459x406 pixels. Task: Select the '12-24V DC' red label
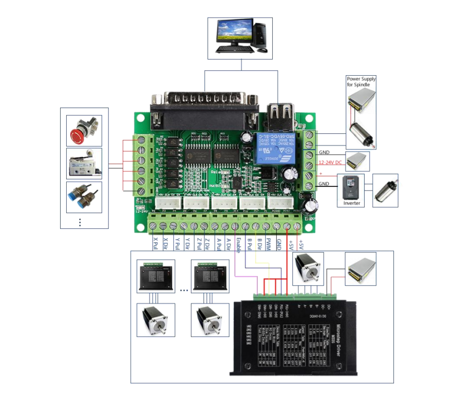[331, 163]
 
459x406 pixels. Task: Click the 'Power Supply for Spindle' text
[361, 81]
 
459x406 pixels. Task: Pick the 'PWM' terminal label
[269, 246]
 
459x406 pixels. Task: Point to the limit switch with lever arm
[84, 163]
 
